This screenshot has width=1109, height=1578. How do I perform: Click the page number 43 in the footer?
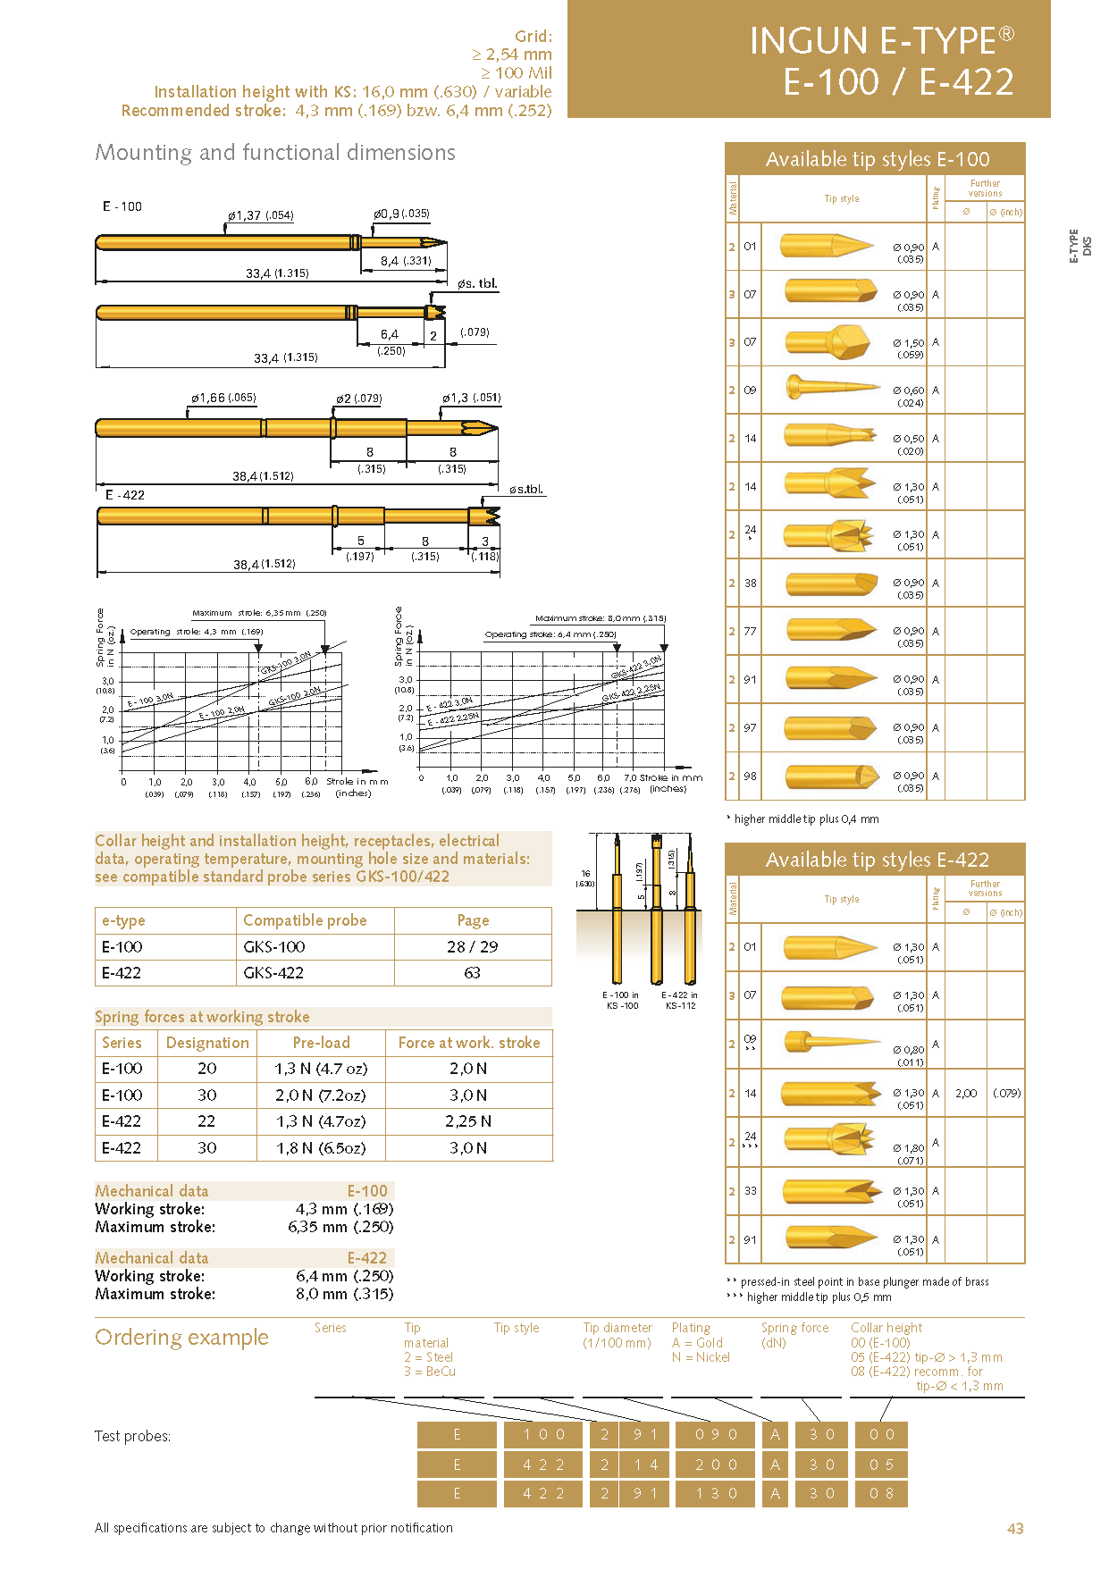coord(1015,1528)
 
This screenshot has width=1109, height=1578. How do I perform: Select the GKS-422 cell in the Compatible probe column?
coord(273,973)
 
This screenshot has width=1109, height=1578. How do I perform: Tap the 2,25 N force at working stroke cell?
coord(468,1121)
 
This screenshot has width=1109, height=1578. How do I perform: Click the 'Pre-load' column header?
coord(321,1043)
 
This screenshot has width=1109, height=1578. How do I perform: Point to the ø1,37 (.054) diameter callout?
coord(260,215)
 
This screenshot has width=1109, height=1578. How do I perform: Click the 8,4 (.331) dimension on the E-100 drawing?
coord(405,261)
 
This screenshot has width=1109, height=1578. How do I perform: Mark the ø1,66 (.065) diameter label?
coord(223,398)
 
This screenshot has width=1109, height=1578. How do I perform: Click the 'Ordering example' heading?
coord(181,1337)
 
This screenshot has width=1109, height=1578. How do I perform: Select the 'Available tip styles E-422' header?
coord(877,860)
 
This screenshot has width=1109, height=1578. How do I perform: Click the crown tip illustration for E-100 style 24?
coord(829,535)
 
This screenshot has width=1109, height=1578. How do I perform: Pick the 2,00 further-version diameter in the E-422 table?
coord(966,1093)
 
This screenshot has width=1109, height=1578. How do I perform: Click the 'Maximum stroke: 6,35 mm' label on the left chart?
coord(259,613)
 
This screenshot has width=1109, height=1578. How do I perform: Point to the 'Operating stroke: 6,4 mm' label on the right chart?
coord(550,634)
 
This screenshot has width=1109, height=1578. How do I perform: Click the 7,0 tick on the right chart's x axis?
coord(630,777)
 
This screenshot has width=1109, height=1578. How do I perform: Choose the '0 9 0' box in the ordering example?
coord(717,1434)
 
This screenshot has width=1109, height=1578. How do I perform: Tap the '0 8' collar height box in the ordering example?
coord(881,1493)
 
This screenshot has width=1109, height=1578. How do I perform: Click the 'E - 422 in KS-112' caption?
coord(679,1000)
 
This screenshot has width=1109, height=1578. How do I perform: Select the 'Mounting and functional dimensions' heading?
coord(275,153)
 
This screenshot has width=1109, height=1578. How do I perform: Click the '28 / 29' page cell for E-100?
coord(473,947)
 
